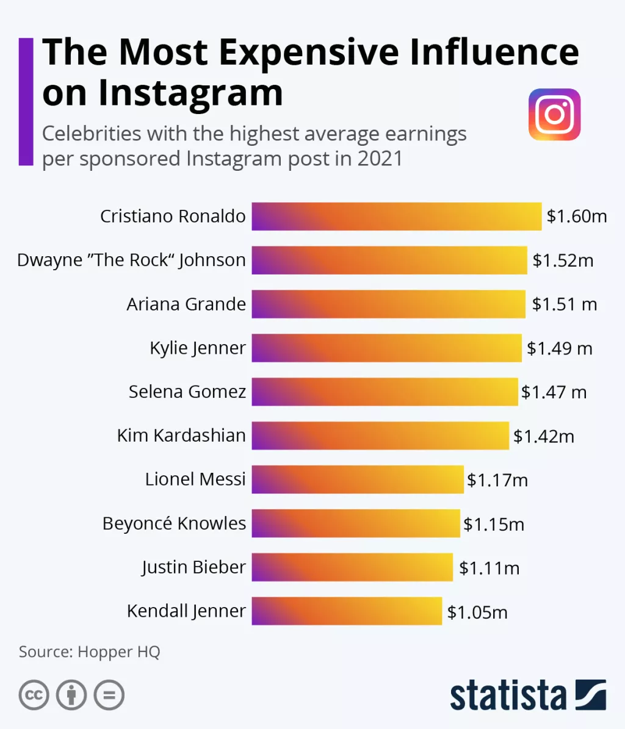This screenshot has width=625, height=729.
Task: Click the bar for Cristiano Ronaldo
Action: (x=397, y=217)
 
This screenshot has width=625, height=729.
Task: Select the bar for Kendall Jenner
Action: (x=347, y=611)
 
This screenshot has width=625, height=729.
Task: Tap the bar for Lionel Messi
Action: (x=358, y=479)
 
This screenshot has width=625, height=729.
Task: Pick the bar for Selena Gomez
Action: (x=385, y=392)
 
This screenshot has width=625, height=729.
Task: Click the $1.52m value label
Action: (x=563, y=260)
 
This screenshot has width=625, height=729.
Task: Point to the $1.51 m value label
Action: (x=564, y=304)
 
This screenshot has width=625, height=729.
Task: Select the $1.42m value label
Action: (x=543, y=436)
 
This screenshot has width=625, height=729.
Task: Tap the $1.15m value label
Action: (x=493, y=524)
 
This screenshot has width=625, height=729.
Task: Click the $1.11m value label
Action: (x=489, y=568)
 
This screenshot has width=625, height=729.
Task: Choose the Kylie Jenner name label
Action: (x=198, y=348)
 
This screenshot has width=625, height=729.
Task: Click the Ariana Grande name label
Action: (x=186, y=304)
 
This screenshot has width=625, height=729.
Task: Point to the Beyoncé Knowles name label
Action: (x=174, y=523)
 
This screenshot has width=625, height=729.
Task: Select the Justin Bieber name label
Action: (x=193, y=567)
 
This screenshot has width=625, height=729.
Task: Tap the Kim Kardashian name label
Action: (x=181, y=436)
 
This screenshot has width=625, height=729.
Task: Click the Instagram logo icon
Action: (x=554, y=115)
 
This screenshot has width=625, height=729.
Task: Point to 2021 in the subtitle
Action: (x=380, y=159)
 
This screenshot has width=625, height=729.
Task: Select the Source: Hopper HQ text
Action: (x=89, y=652)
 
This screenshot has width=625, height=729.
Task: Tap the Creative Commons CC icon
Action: (x=34, y=695)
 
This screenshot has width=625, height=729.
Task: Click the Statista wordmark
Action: (x=508, y=695)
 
